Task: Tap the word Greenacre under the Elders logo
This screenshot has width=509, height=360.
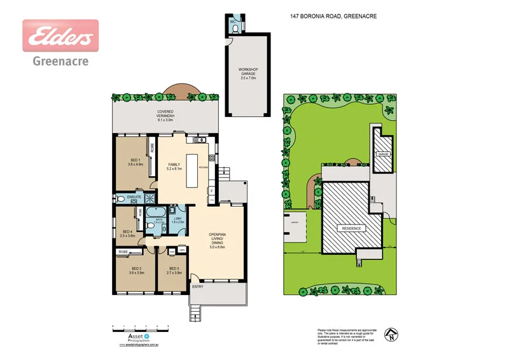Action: coord(60,62)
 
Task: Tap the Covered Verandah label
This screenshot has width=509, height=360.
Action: coord(165,115)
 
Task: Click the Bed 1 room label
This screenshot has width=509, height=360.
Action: coord(135,162)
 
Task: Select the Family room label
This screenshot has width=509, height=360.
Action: coord(174,167)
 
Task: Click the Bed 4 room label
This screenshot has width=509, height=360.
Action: coord(127,233)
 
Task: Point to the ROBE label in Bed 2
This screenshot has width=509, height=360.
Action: coord(123,252)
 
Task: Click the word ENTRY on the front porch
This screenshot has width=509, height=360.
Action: coord(198,287)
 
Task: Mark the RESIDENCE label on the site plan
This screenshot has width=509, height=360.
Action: coord(352,228)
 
